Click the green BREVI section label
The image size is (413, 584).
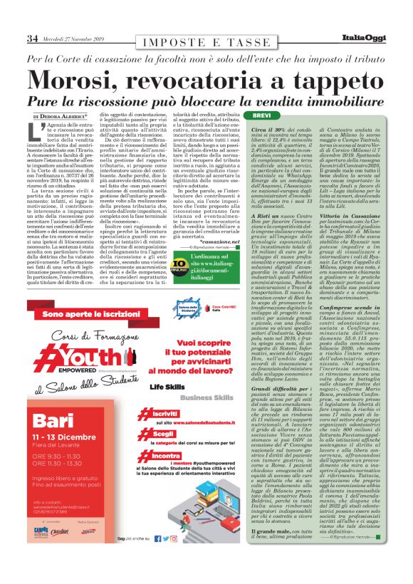click(261, 115)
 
